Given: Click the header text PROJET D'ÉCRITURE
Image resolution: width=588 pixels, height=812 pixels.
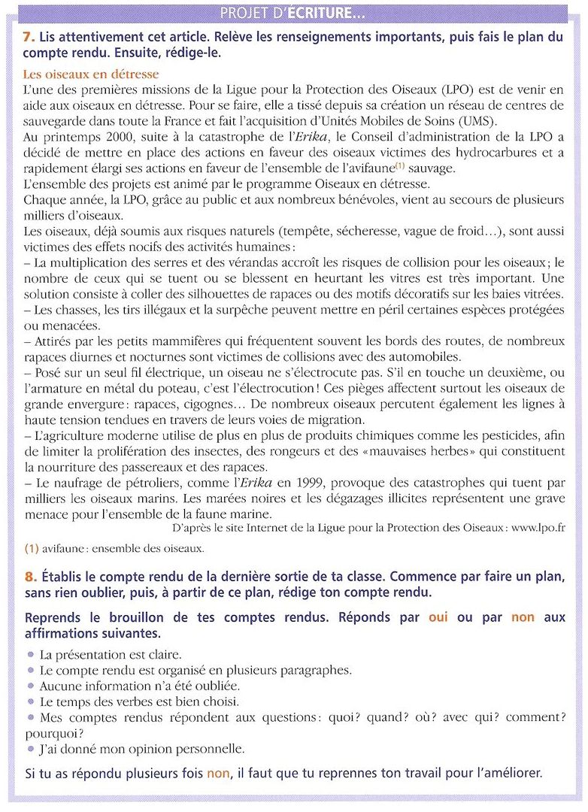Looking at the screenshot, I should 294,14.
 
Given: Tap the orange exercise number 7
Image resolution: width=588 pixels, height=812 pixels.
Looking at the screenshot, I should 28,37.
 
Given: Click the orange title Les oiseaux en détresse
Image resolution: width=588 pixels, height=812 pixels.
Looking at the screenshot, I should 91,74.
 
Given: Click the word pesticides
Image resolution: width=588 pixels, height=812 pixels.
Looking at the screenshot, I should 521,436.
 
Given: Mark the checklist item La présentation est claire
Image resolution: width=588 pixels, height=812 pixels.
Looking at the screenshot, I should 110,654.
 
